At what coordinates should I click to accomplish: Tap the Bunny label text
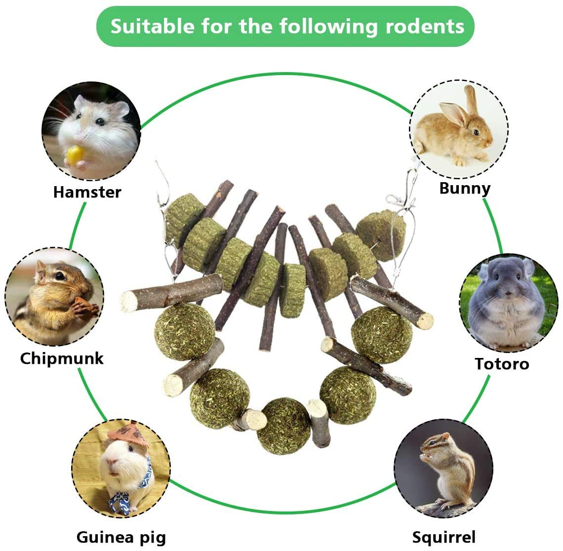coord(465,188)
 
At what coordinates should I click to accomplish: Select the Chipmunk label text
coord(62,358)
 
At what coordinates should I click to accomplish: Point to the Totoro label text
coord(502,364)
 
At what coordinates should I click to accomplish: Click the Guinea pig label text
coord(121,537)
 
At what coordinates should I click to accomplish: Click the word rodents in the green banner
coord(425,26)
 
